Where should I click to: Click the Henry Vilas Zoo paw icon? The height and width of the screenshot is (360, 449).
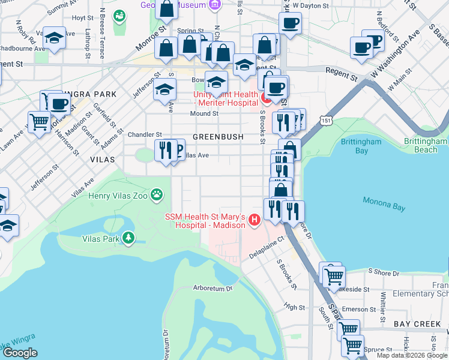click(157, 194)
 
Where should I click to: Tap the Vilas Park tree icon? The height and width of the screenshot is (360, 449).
click(128, 238)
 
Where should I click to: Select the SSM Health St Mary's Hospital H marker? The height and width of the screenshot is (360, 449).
click(254, 220)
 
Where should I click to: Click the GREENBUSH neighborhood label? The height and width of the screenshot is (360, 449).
click(218, 137)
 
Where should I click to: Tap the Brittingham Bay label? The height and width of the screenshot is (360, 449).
click(362, 146)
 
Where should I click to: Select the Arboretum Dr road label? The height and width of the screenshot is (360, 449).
click(212, 288)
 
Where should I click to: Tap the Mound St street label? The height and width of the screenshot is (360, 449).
click(204, 113)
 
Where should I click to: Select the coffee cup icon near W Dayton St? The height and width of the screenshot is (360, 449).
click(290, 23)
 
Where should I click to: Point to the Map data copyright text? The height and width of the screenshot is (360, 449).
click(411, 355)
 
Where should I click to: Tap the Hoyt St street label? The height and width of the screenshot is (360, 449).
click(79, 18)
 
